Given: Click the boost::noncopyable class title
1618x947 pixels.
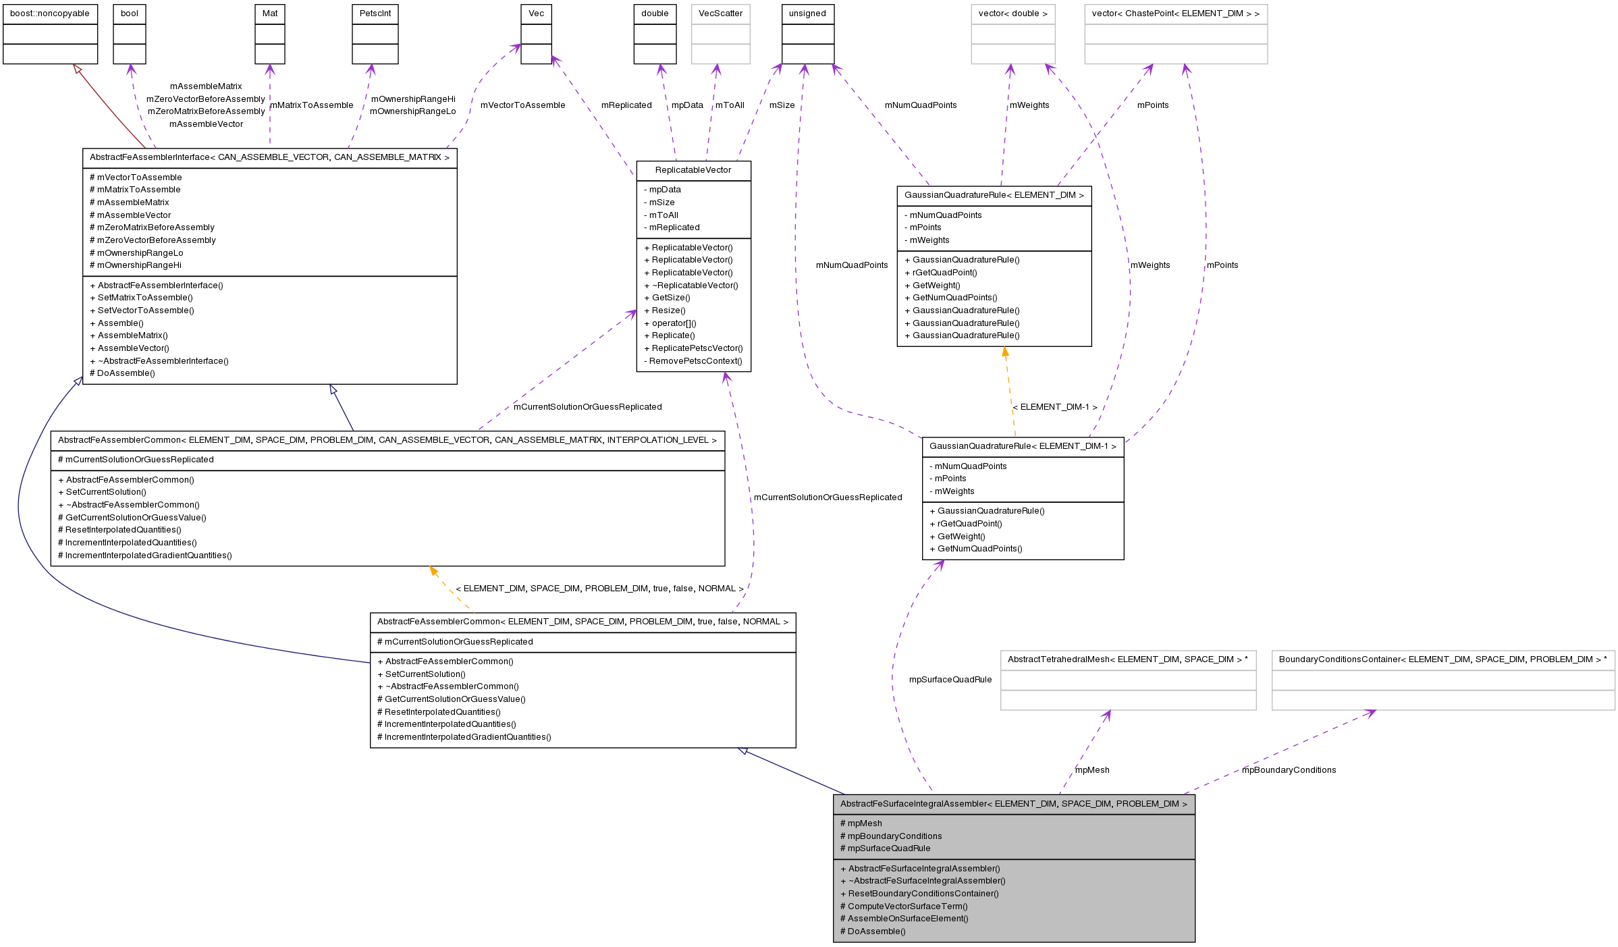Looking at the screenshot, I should click(49, 13).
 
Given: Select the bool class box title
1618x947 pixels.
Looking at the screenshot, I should click(129, 13).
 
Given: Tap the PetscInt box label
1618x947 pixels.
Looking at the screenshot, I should click(375, 13).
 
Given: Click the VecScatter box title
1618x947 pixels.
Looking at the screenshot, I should click(720, 13).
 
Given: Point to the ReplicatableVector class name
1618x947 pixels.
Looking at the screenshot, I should click(693, 170).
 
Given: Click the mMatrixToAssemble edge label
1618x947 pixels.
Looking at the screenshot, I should click(311, 105).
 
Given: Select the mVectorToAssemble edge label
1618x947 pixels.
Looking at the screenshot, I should click(522, 105).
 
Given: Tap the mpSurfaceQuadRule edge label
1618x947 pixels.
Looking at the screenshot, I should click(950, 680).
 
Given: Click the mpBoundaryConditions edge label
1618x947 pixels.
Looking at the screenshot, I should click(1289, 770).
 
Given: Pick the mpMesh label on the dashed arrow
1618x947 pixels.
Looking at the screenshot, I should click(1091, 770).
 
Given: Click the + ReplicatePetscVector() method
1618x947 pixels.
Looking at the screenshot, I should click(693, 348).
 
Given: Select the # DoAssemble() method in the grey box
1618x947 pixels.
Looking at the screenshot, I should click(872, 931).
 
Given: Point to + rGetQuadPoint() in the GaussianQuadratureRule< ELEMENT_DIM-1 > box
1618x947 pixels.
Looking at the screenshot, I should click(965, 524).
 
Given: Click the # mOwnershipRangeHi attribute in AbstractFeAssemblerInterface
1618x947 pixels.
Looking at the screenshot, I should click(135, 265).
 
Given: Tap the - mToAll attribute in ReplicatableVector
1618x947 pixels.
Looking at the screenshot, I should click(661, 215).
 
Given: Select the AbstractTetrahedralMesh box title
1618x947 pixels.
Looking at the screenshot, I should click(1127, 659).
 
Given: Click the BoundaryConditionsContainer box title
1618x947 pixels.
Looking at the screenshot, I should click(1442, 659).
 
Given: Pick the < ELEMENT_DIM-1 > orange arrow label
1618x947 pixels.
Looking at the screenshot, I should click(1054, 407).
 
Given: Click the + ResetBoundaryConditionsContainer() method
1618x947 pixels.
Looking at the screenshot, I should click(919, 894).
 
